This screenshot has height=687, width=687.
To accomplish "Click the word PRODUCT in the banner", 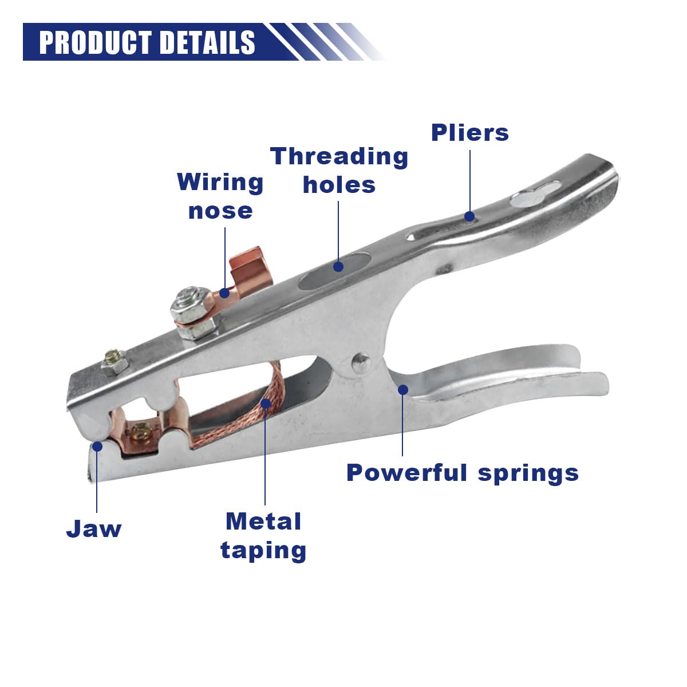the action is pyautogui.click(x=95, y=42).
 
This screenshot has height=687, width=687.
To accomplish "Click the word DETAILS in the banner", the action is pyautogui.click(x=207, y=42).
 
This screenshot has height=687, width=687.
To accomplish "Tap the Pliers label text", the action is pyautogui.click(x=470, y=133).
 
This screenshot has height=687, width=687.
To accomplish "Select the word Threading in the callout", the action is pyautogui.click(x=339, y=157).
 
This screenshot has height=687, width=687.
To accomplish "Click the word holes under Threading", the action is pyautogui.click(x=339, y=185).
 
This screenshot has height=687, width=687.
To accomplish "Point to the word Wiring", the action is pyautogui.click(x=220, y=183).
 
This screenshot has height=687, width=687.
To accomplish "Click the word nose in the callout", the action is pyautogui.click(x=220, y=211).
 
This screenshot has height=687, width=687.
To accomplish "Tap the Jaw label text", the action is pyautogui.click(x=94, y=528).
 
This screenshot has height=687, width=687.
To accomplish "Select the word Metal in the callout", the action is pyautogui.click(x=263, y=522).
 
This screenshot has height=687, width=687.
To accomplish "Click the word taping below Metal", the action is pyautogui.click(x=263, y=550).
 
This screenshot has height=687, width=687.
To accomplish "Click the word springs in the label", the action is pyautogui.click(x=528, y=474).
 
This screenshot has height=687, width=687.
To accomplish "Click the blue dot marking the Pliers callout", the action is pyautogui.click(x=469, y=216).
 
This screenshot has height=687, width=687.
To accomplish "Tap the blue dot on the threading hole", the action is pyautogui.click(x=338, y=266).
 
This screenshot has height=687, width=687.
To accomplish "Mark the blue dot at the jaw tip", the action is pyautogui.click(x=97, y=446).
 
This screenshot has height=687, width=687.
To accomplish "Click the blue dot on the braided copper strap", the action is pyautogui.click(x=266, y=403).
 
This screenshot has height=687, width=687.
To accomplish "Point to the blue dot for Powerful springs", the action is pyautogui.click(x=403, y=390).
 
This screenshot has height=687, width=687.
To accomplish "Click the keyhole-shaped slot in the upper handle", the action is pyautogui.click(x=535, y=194).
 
